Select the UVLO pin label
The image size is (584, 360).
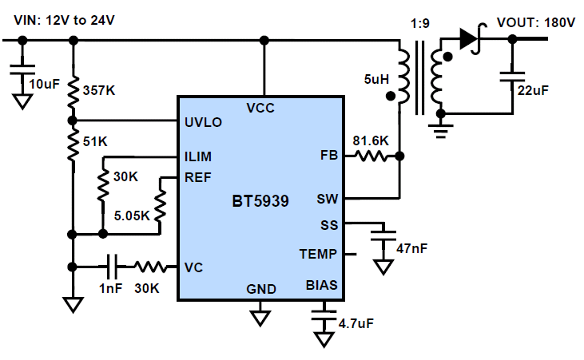click(203, 122)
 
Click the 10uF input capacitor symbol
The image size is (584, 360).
click(23, 69)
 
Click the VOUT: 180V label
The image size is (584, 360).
click(535, 22)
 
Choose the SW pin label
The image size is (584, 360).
click(328, 198)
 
